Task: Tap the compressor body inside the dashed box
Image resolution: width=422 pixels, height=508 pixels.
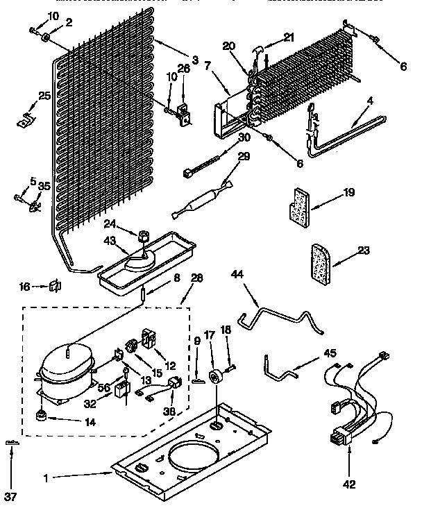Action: click(x=65, y=367)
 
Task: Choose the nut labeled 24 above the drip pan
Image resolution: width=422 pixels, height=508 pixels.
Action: click(x=143, y=237)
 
